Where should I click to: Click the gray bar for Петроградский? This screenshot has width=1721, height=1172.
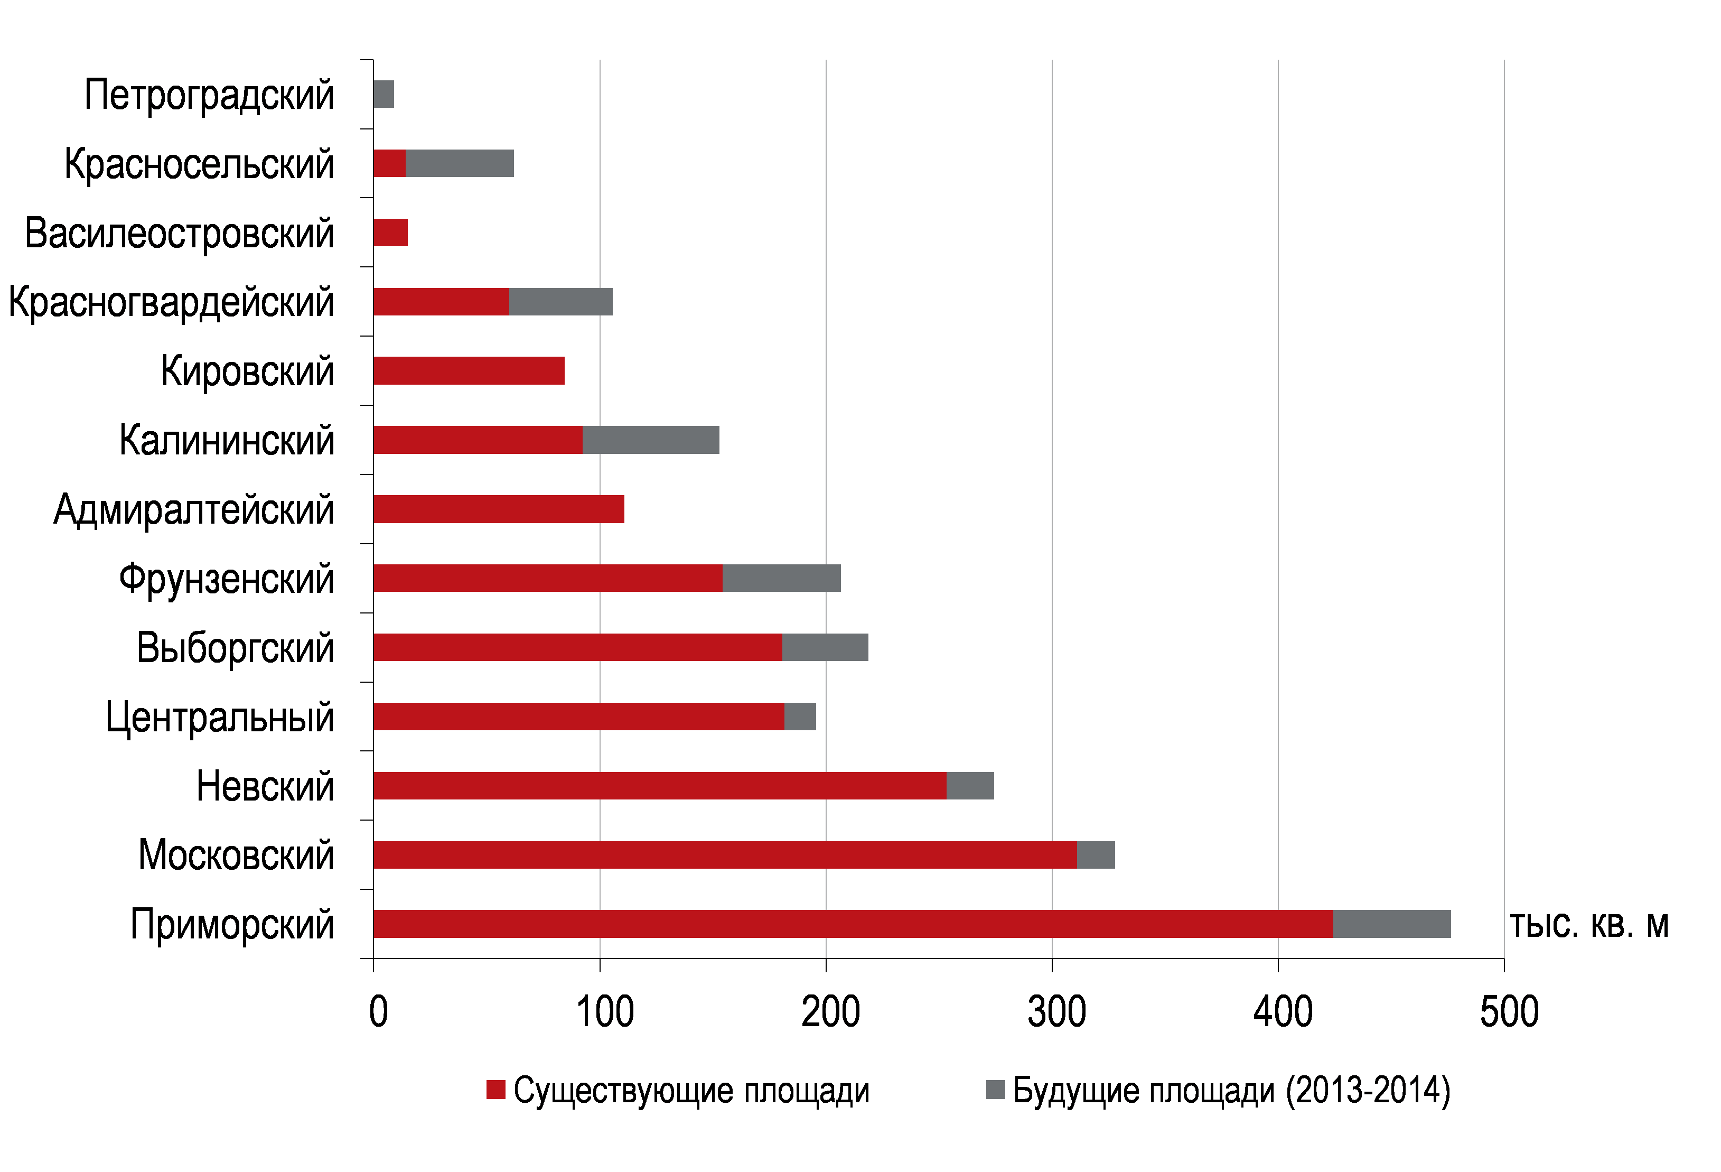384,94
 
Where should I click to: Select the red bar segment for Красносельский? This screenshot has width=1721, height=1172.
389,163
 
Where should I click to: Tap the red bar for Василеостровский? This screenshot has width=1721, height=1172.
390,232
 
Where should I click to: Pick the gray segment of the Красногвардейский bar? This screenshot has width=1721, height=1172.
560,302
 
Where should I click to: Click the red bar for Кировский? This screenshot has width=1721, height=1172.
469,370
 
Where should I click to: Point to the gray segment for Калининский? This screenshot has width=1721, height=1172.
651,440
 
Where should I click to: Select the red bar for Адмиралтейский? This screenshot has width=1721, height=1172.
498,509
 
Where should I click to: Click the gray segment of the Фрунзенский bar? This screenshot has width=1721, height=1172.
781,578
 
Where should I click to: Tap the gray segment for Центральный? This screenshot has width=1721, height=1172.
800,717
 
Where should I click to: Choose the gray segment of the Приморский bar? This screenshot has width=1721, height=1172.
1391,924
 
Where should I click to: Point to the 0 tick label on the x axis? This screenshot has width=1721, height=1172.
378,1012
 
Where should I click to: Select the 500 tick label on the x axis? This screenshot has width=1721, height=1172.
1509,1012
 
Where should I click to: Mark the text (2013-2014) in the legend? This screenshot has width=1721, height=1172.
1368,1091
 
